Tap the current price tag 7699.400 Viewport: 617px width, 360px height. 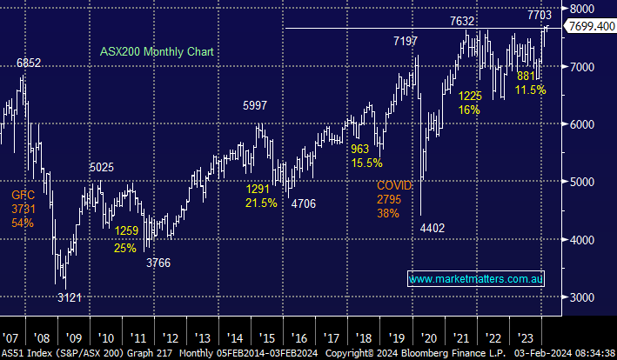(588, 28)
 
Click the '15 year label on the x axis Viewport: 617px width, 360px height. (266, 337)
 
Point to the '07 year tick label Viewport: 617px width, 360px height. (10, 337)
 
